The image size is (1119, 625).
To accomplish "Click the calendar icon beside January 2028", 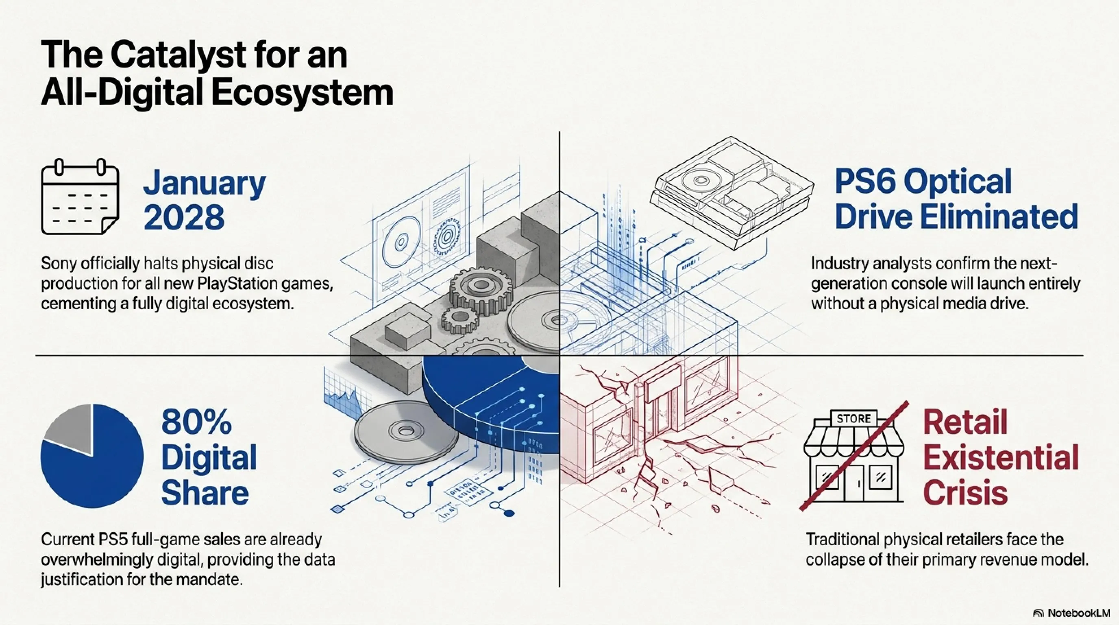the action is coord(80,197).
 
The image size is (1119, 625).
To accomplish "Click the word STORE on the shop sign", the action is coord(853,419).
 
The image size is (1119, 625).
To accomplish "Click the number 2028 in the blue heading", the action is coord(184,217).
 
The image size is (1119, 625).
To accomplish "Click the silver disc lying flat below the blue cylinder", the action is coord(406,432).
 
